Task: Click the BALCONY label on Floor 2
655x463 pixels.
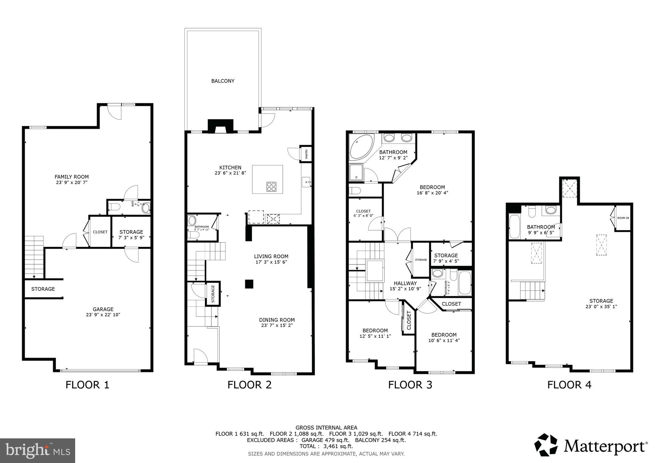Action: (223, 81)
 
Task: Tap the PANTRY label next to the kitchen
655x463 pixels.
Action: (306, 154)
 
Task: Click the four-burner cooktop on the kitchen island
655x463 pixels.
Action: (271, 186)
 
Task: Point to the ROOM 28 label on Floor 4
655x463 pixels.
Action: (623, 218)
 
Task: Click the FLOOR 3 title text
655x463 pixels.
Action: (410, 385)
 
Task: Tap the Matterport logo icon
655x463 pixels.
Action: (546, 445)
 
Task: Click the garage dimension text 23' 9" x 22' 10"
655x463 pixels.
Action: (103, 315)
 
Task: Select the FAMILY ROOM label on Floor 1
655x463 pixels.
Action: (72, 177)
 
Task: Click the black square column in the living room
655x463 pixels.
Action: (249, 284)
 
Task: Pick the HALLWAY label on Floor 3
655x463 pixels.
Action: (405, 283)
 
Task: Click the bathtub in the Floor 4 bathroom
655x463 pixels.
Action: (515, 226)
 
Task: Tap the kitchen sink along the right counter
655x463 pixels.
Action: (306, 182)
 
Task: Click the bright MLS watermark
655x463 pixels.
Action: (38, 451)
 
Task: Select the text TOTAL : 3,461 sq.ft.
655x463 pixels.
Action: (326, 446)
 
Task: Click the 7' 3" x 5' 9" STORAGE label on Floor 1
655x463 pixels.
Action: (131, 232)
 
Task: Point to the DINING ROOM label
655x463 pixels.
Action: (277, 320)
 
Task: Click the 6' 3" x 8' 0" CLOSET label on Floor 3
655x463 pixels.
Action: (363, 211)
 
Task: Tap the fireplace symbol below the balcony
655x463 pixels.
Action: (220, 127)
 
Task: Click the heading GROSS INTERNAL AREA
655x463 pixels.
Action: (326, 428)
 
